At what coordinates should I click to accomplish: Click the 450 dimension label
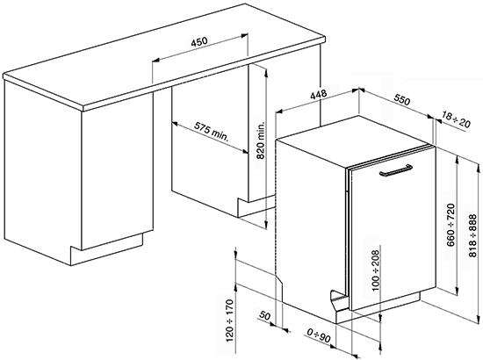[x=199, y=41]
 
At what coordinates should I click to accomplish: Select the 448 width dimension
[x=318, y=94]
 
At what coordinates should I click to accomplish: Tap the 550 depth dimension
[x=402, y=101]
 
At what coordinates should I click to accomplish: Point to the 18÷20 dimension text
[x=456, y=120]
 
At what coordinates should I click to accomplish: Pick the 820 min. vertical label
[x=261, y=140]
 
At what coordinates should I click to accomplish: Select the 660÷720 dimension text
[x=451, y=225]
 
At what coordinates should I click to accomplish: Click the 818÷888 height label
[x=472, y=236]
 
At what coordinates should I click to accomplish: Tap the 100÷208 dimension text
[x=376, y=270]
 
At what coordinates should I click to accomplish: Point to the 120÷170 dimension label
[x=230, y=320]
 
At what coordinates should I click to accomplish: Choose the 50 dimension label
[x=264, y=316]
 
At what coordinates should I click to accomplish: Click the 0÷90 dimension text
[x=319, y=335]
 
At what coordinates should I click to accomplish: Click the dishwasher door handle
[x=396, y=170]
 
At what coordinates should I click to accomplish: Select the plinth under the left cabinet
[x=106, y=249]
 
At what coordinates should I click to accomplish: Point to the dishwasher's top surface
[x=354, y=140]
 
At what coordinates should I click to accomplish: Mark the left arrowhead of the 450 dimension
[x=155, y=60]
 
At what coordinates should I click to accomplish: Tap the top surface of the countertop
[x=163, y=55]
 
